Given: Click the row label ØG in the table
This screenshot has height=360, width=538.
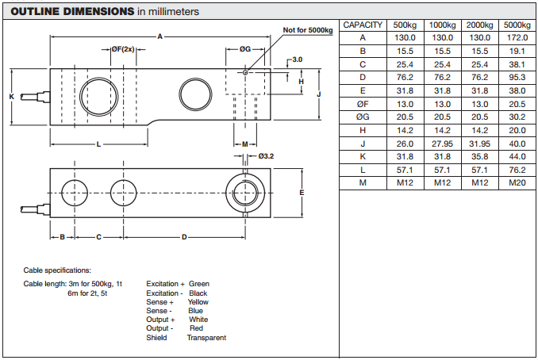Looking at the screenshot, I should (x=363, y=117).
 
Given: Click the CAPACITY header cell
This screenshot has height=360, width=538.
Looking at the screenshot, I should (x=363, y=25).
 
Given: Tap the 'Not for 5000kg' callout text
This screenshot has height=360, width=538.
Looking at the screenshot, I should (x=308, y=31).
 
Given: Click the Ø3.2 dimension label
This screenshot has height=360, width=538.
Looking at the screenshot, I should (x=266, y=156).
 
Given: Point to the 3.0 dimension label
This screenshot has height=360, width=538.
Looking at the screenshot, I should (x=297, y=59).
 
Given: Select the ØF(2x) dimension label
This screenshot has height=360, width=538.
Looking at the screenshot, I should (x=122, y=49).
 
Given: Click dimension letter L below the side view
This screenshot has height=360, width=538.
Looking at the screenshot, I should (x=98, y=144).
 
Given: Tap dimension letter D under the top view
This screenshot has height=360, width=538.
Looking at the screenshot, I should (x=184, y=237).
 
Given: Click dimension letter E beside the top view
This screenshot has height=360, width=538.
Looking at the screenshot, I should (x=302, y=193).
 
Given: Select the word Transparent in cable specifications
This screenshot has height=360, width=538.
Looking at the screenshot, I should (x=206, y=338).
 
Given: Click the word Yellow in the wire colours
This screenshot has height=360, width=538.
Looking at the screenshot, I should (x=198, y=302).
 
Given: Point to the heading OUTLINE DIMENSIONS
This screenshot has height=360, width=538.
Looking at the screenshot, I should (x=71, y=12).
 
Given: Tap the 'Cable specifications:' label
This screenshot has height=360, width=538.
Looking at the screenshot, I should (x=57, y=270).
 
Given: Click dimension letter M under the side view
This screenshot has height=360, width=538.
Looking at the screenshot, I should (x=245, y=144).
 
